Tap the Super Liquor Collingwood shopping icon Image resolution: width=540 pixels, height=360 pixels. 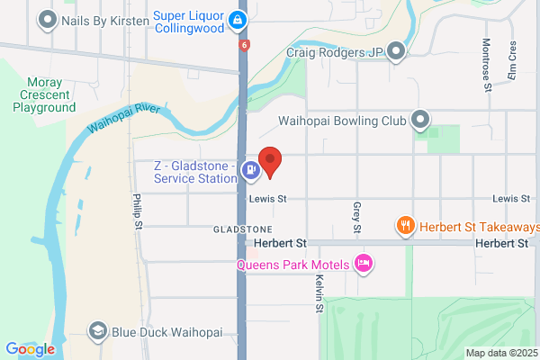(237, 18)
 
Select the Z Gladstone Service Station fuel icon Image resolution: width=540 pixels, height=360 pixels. (254, 166)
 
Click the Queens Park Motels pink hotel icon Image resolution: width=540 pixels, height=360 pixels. (364, 263)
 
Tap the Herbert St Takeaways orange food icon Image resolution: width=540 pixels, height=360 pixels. (406, 226)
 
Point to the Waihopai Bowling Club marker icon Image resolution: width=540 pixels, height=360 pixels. (419, 119)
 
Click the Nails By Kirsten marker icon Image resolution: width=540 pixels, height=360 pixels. (47, 18)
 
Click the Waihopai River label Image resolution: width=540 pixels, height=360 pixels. (124, 118)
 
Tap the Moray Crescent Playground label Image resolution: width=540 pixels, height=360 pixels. (44, 94)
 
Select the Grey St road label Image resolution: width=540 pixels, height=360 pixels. (356, 218)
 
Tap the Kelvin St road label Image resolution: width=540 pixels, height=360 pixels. (319, 294)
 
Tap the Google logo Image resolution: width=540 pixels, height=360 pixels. (30, 349)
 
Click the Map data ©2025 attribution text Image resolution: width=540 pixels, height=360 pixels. (500, 353)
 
